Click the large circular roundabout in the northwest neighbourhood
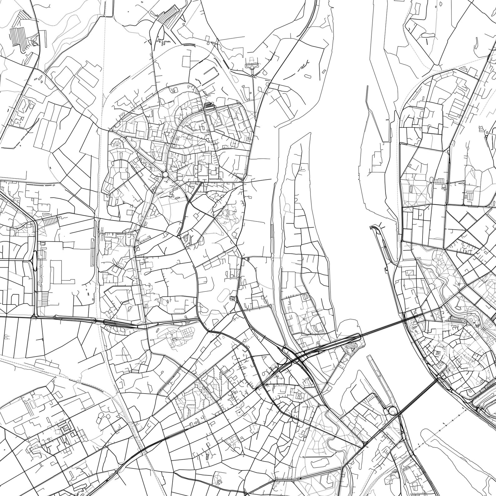pyautogui.click(x=165, y=174)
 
